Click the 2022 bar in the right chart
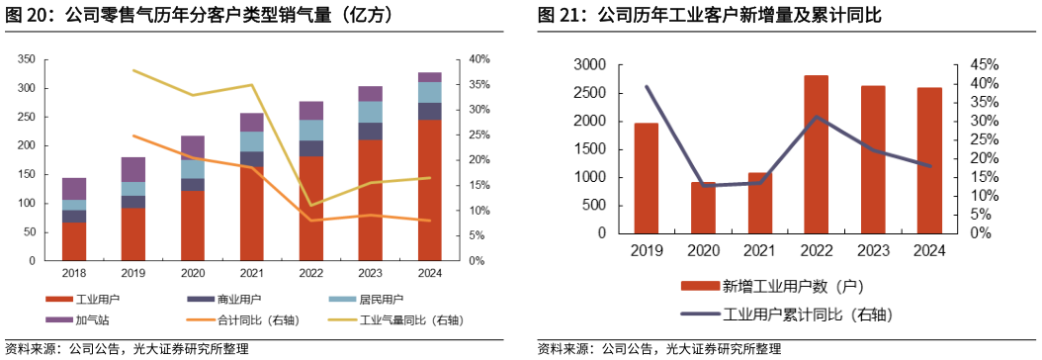pos(816,154)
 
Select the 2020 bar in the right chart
pos(703,208)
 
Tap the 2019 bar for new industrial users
pos(646,178)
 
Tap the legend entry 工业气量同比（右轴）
pos(394,320)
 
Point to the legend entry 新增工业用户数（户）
pos(781,287)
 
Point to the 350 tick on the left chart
pos(26,59)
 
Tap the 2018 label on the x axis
pos(73,273)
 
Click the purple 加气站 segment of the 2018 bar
pos(74,189)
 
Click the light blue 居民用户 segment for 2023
pos(370,112)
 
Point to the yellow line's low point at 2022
pos(310,206)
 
